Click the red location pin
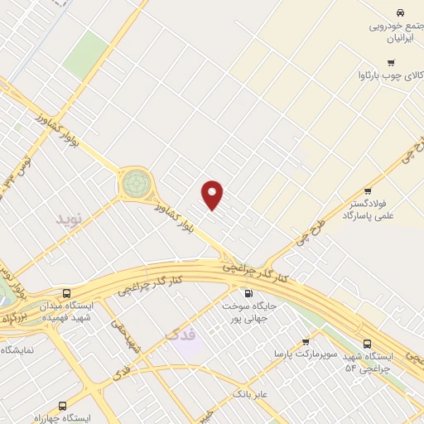(213, 195)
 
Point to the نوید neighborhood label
(70, 219)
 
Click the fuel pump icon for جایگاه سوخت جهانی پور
(247, 292)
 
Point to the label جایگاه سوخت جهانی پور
(247, 312)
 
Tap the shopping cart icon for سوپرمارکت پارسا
(306, 340)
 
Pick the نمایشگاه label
(17, 349)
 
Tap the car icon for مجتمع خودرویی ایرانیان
(399, 12)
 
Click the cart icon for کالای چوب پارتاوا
(390, 62)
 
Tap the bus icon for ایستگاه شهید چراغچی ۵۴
(368, 343)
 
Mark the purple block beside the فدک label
(189, 348)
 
